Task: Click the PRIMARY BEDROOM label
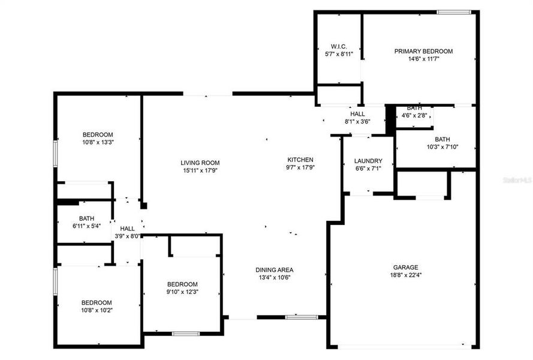coord(423,51)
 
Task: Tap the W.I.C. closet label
coord(339,46)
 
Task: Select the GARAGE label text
coord(406,267)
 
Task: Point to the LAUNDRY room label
coord(368,161)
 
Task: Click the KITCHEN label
coord(300,160)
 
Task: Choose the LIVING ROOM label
coord(200,163)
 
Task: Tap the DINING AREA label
coord(274,270)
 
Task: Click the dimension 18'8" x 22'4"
coord(406,275)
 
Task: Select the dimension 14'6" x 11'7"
coord(423,59)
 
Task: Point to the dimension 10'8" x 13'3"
coord(98,143)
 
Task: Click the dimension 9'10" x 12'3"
coord(182,292)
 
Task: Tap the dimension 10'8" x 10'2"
coord(97,310)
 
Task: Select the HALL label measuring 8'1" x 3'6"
coord(357,113)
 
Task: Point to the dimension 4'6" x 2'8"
coord(414,115)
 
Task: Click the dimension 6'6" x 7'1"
coord(368,169)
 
